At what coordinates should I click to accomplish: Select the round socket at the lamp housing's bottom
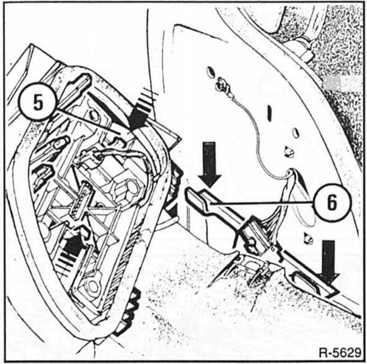(x=92, y=286)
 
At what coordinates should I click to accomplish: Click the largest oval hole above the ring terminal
(x=211, y=72)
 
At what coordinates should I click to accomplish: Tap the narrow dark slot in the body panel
(x=270, y=113)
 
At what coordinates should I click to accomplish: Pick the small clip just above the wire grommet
(x=289, y=152)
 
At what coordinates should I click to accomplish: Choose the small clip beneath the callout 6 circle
(x=309, y=238)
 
